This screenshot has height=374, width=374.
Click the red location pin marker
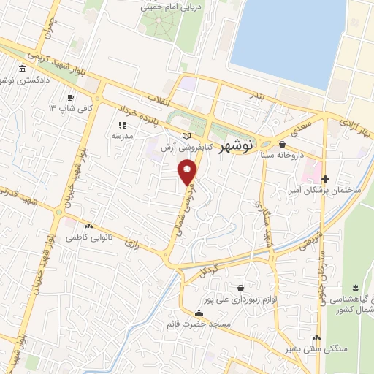coord(188,172)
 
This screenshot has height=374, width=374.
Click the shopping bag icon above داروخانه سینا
coord(282,145)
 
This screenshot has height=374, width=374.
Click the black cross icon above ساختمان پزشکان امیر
coord(326,178)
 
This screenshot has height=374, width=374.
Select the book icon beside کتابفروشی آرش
coord(186,135)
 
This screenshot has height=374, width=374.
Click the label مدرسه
coord(121,136)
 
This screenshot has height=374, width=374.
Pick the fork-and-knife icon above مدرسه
coord(121,125)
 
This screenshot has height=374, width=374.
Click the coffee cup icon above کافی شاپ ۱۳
coord(70,97)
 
